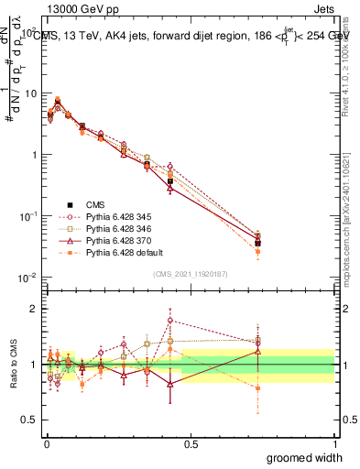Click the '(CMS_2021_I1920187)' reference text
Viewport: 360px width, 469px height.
[190, 273]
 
